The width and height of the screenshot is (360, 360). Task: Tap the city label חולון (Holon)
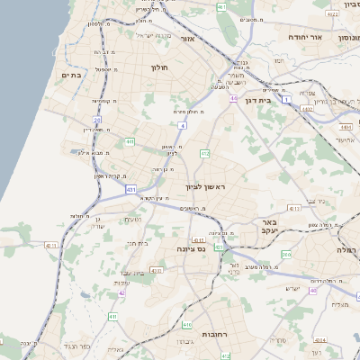point(158,67)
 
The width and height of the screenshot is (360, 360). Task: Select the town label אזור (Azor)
point(187,40)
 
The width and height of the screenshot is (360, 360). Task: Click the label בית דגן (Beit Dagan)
point(257,100)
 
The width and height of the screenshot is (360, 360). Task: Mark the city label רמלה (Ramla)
point(346,249)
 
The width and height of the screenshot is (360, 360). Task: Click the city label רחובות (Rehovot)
point(213,334)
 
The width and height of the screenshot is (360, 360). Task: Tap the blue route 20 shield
point(97,119)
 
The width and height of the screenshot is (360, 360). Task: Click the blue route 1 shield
point(286,100)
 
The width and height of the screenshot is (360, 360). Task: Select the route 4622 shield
point(332,14)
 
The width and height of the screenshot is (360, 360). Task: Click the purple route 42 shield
point(121,292)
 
